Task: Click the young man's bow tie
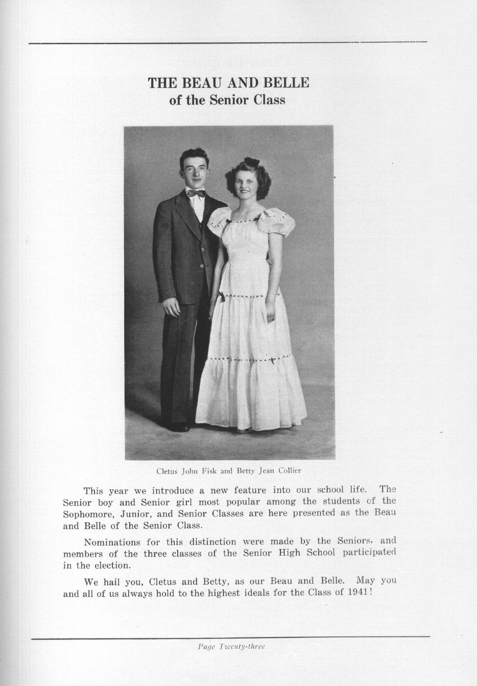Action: [196, 194]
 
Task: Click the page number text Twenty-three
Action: [242, 646]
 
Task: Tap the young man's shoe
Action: [179, 427]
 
